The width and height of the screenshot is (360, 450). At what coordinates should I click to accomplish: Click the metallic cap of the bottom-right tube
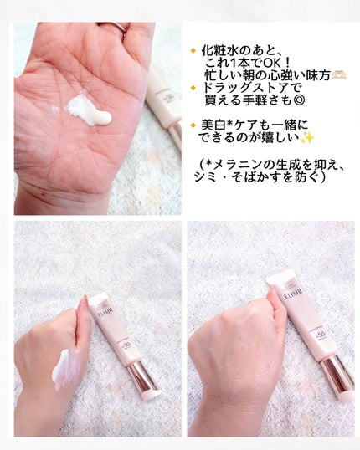pyautogui.click(x=337, y=372)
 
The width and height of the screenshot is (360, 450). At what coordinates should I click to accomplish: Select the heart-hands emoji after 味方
pyautogui.click(x=339, y=75)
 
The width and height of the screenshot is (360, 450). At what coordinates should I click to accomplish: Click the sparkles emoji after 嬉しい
pyautogui.click(x=307, y=138)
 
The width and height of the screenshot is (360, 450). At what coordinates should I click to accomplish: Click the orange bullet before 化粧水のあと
pyautogui.click(x=193, y=51)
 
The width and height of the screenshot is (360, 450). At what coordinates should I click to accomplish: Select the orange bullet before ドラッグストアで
pyautogui.click(x=193, y=88)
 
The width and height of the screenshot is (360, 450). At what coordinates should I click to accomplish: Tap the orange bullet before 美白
pyautogui.click(x=193, y=125)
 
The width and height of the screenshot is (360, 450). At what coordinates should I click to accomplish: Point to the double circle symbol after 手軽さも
pyautogui.click(x=300, y=100)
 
